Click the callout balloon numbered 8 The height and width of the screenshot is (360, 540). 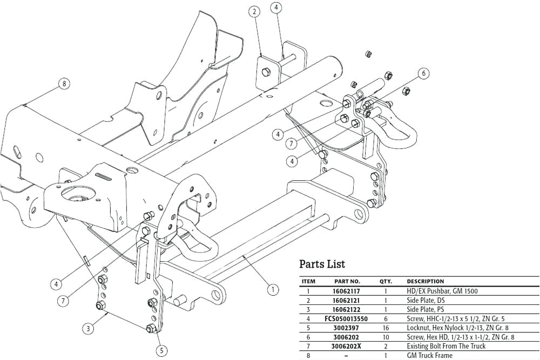(64, 84)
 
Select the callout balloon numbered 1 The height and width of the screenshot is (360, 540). (274, 290)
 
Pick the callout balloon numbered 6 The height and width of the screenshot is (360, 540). (424, 73)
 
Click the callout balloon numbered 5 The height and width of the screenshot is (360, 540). (161, 350)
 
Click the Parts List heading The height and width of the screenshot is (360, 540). (322, 264)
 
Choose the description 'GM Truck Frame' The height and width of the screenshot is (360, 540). (430, 356)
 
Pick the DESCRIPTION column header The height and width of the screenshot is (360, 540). (425, 282)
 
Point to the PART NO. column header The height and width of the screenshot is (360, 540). (347, 282)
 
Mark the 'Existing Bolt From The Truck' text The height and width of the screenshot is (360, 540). (446, 347)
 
